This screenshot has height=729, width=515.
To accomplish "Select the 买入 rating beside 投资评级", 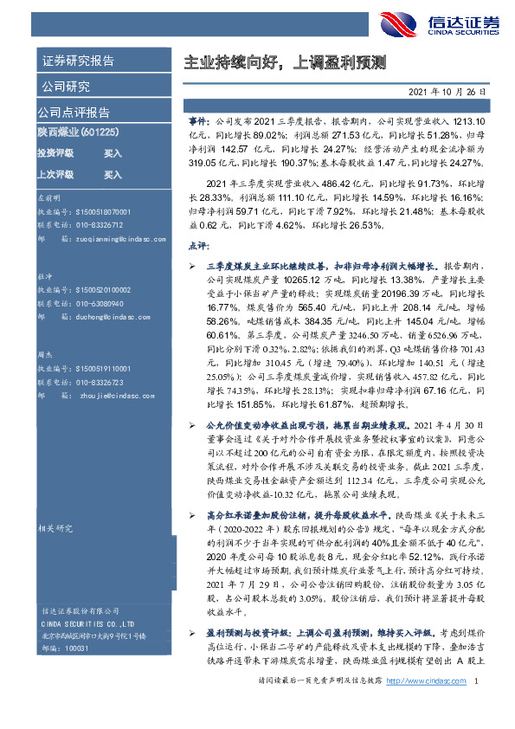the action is click(113, 153).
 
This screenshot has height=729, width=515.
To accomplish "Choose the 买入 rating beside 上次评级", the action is click(113, 174).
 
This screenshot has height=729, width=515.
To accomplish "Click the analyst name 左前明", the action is click(49, 197).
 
